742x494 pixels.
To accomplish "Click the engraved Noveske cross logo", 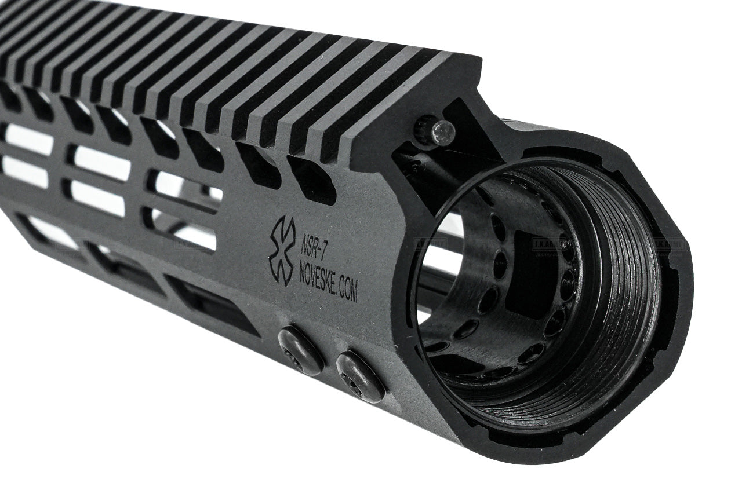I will (x=282, y=251).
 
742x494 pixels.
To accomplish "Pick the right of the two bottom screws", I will (x=361, y=376).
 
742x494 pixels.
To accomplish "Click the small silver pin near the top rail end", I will (x=445, y=132).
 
